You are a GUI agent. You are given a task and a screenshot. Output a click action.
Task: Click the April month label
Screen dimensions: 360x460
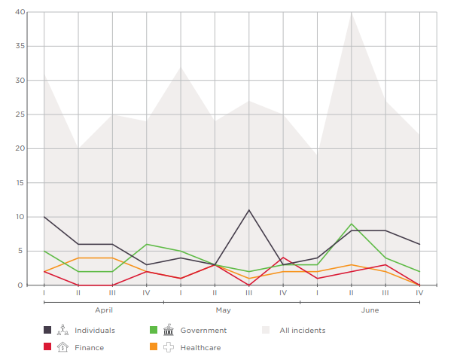click(104, 310)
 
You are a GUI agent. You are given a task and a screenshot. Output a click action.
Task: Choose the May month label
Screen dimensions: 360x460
click(224, 310)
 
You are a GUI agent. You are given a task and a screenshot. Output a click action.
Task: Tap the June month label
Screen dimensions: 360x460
click(370, 310)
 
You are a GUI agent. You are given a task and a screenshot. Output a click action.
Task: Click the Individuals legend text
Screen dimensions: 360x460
click(96, 330)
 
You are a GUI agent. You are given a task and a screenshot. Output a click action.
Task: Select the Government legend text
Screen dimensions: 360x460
click(203, 330)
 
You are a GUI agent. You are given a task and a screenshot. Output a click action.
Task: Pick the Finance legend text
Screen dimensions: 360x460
click(90, 347)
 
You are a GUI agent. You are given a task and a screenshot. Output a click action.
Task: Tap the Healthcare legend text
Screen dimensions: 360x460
click(200, 347)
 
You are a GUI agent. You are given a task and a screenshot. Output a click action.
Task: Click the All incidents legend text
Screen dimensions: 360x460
click(303, 330)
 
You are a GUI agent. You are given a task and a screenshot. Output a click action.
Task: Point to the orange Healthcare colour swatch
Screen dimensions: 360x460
click(153, 347)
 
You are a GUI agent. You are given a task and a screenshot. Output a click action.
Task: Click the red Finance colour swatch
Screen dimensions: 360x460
click(47, 347)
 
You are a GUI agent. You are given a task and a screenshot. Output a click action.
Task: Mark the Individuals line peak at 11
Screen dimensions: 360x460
click(249, 210)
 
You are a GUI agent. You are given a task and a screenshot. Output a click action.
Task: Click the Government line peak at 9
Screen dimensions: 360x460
click(352, 224)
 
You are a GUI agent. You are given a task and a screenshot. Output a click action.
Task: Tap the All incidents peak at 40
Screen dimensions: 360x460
click(352, 13)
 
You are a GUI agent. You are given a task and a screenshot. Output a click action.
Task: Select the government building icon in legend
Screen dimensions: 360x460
click(168, 330)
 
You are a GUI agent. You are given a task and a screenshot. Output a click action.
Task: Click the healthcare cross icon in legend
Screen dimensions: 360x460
click(168, 347)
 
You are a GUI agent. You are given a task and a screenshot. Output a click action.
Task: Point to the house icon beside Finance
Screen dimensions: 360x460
click(63, 347)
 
